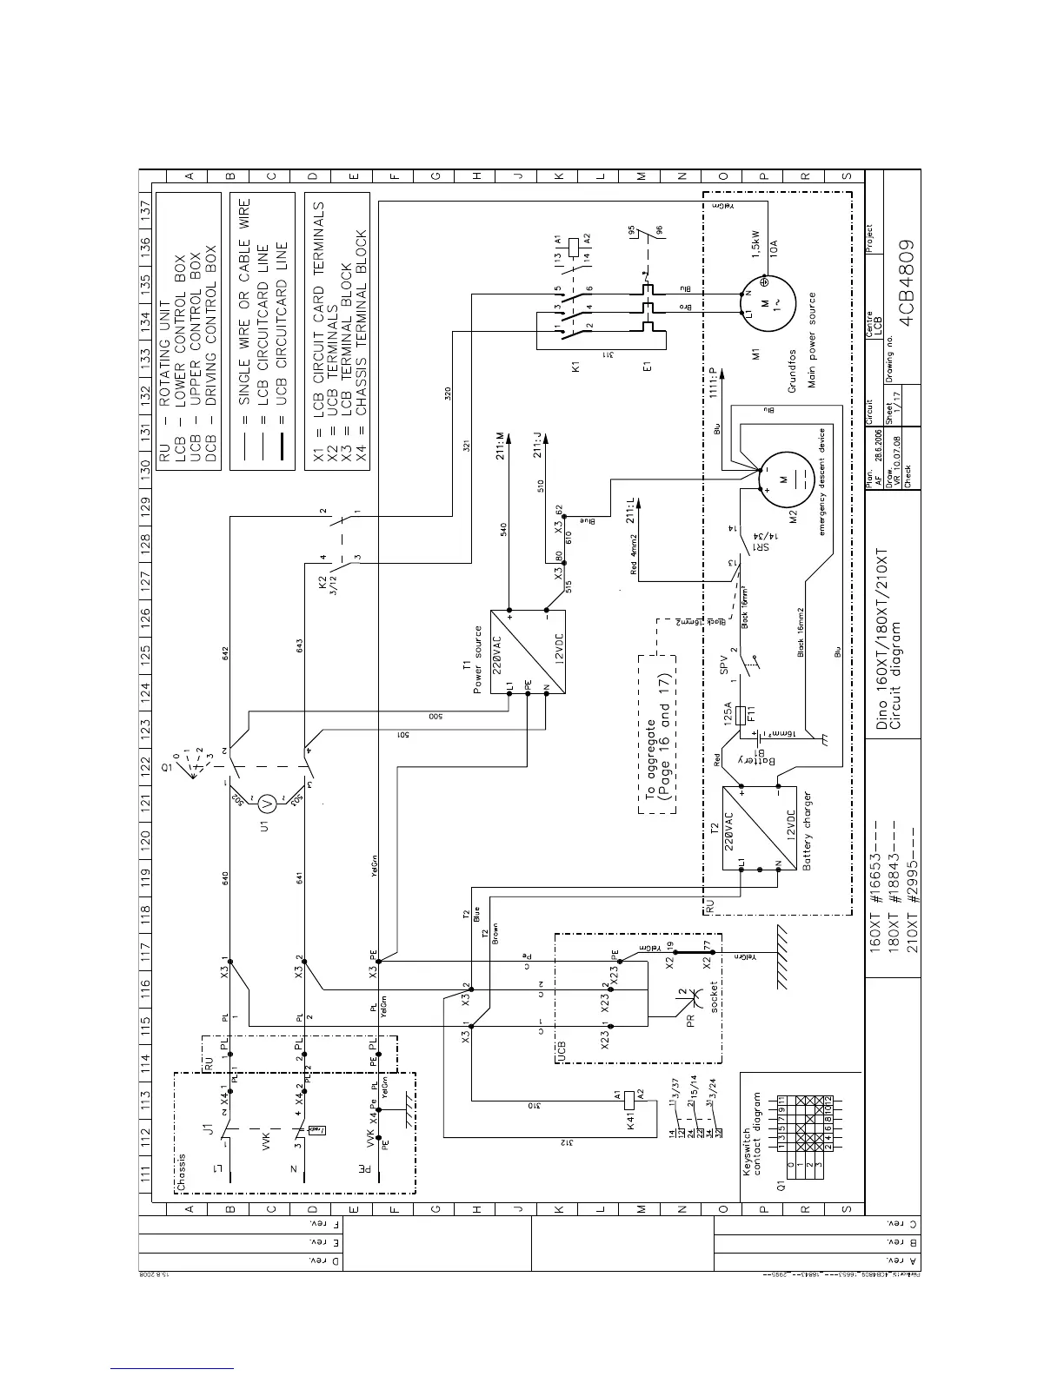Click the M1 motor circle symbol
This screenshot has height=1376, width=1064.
(x=763, y=305)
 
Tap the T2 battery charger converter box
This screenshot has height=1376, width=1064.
(x=759, y=827)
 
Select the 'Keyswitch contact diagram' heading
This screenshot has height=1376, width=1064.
(x=751, y=1135)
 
